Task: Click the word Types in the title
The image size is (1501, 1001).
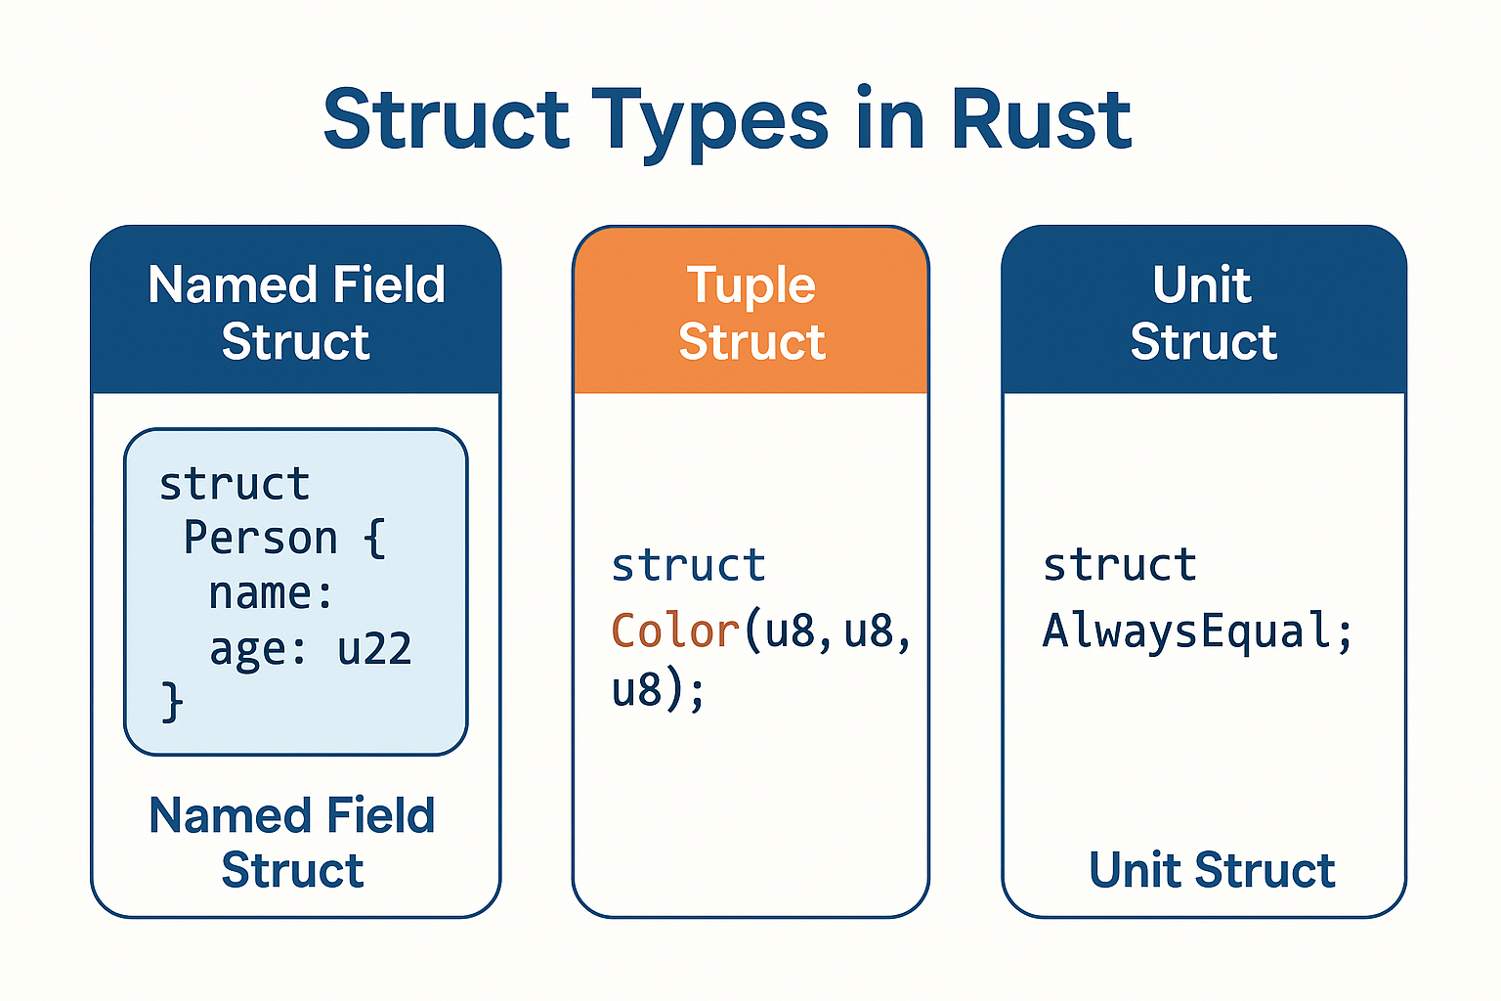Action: (714, 121)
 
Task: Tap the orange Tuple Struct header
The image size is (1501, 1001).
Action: (750, 313)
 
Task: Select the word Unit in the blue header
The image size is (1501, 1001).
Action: (1201, 285)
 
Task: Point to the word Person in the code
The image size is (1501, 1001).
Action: (260, 539)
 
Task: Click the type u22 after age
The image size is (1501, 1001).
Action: (374, 649)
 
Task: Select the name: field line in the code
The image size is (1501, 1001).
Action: (270, 593)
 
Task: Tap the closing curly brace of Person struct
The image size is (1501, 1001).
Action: (172, 702)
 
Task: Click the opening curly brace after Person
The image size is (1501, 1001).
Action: (375, 539)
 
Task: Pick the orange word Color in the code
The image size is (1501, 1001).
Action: (674, 631)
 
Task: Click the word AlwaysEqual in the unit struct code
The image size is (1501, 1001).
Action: (1186, 631)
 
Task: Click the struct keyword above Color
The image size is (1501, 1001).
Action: (688, 566)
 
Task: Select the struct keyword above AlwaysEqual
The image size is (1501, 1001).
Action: (1119, 566)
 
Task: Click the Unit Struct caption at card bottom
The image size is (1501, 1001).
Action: (1212, 870)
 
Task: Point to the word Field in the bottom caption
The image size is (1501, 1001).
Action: (380, 815)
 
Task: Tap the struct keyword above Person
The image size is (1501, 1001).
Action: (235, 484)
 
